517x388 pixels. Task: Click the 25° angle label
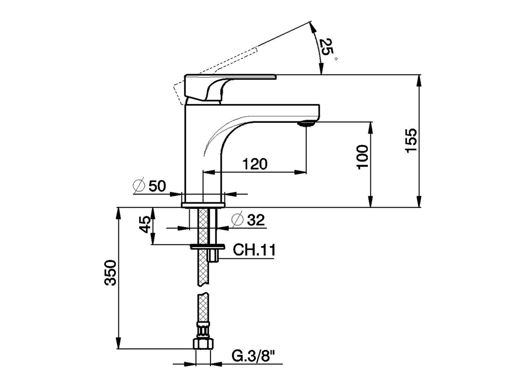click(x=326, y=47)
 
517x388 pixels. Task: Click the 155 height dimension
click(x=411, y=141)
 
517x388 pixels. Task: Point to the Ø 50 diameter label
click(x=149, y=186)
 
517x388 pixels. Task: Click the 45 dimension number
click(x=145, y=224)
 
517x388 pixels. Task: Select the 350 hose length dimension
click(x=110, y=273)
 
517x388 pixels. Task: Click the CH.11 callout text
click(x=254, y=250)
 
